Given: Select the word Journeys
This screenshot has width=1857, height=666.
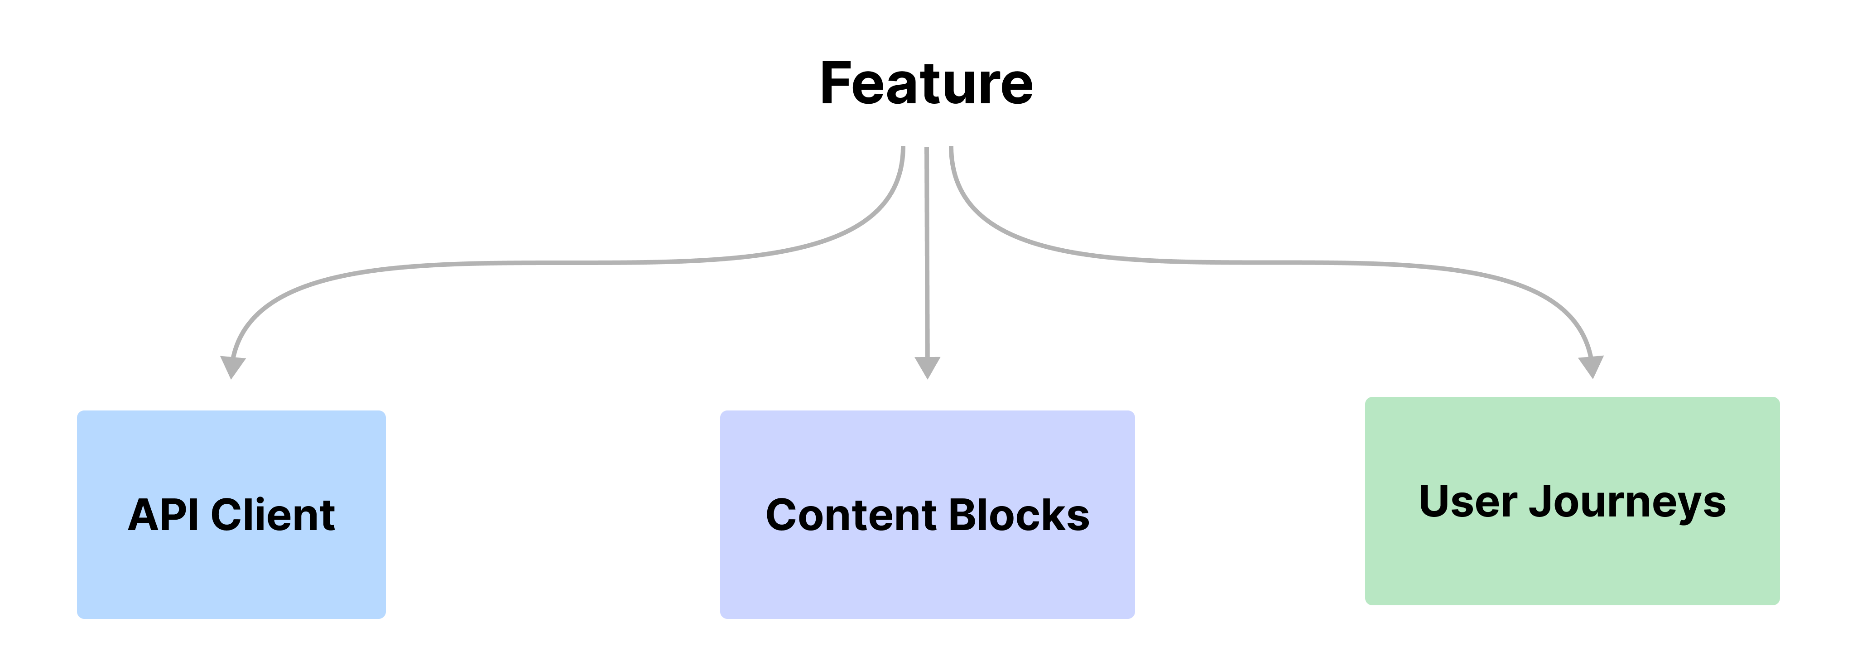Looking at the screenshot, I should pyautogui.click(x=1628, y=502).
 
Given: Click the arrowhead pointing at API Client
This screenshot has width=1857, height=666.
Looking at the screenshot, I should pyautogui.click(x=232, y=367).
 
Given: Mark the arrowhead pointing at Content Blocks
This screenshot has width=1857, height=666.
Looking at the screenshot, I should pyautogui.click(x=927, y=367).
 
